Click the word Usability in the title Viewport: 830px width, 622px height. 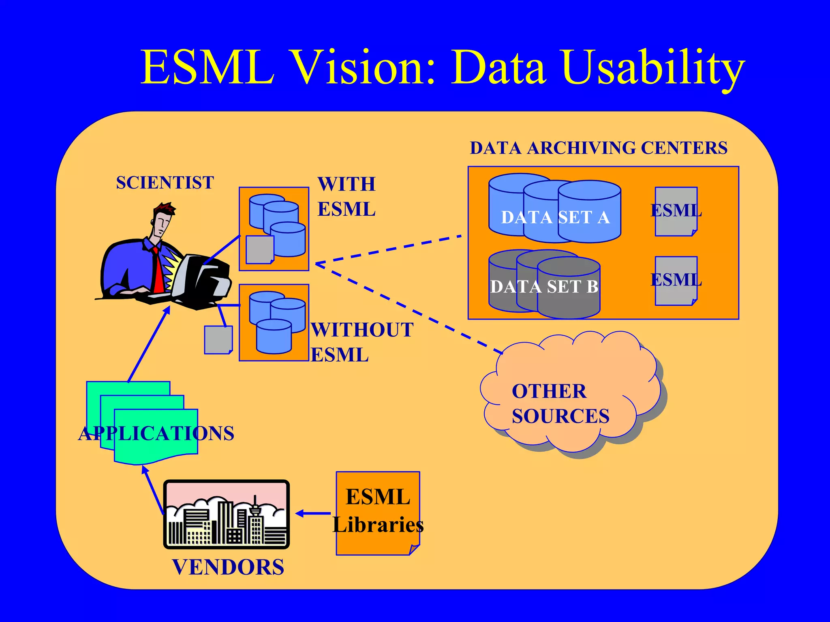pyautogui.click(x=653, y=67)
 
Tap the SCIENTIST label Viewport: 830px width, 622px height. pyautogui.click(x=165, y=182)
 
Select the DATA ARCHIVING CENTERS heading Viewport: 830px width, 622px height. pyautogui.click(x=599, y=148)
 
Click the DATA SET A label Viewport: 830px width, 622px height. pyautogui.click(x=555, y=217)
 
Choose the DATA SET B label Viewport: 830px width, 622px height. pyautogui.click(x=544, y=287)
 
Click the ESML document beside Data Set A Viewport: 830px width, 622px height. pyautogui.click(x=676, y=211)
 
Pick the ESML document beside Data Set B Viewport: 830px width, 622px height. pyautogui.click(x=676, y=280)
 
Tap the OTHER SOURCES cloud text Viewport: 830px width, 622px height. pyautogui.click(x=560, y=404)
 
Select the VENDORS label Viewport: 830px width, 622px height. pyautogui.click(x=228, y=567)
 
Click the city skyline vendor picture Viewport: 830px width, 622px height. pyautogui.click(x=227, y=514)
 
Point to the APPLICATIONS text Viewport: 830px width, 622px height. pyautogui.click(x=156, y=433)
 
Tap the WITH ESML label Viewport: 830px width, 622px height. pyautogui.click(x=347, y=197)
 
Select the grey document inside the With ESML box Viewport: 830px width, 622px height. pyautogui.click(x=259, y=249)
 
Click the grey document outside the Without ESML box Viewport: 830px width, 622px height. pyautogui.click(x=218, y=340)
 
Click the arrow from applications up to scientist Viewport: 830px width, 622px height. pyautogui.click(x=149, y=345)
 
